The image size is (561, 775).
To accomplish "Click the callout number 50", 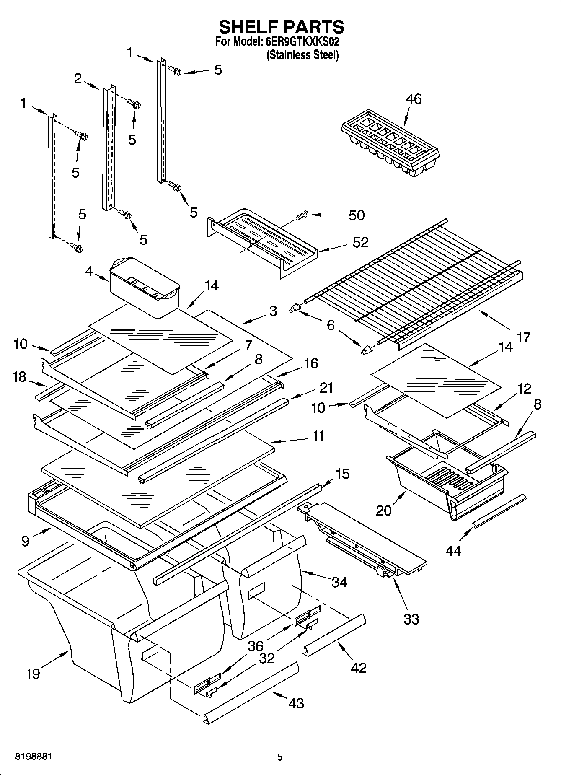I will [x=357, y=215].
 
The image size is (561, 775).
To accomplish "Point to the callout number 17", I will [x=523, y=337].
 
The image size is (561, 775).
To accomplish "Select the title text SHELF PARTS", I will [x=281, y=27].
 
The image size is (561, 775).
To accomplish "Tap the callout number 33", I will [x=411, y=619].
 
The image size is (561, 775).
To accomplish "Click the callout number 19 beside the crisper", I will [x=33, y=674].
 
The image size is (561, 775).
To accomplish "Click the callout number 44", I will [x=453, y=550].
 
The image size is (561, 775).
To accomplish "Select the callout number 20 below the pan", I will [x=384, y=510].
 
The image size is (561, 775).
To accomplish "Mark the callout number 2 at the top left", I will [x=78, y=78].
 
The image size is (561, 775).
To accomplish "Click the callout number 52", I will [x=360, y=242].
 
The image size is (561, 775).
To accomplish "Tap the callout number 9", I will [x=26, y=541].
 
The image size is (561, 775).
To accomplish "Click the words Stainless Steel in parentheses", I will [x=302, y=54].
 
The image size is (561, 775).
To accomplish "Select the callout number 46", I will [x=414, y=99].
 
